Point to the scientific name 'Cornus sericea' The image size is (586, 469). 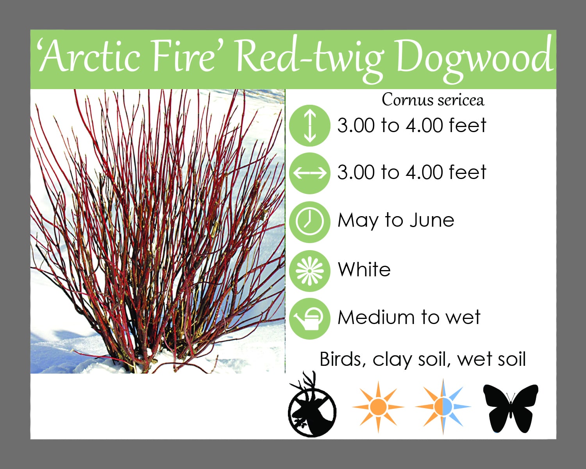433,100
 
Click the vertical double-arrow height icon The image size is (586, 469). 310,125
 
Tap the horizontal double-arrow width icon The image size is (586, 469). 310,173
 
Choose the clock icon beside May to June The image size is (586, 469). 310,222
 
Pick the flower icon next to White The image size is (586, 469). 310,271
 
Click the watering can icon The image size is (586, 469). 310,319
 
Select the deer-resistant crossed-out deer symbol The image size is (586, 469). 312,405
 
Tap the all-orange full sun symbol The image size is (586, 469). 378,407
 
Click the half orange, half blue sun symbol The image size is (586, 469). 443,407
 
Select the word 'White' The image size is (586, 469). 364,270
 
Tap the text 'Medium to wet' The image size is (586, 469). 409,317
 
